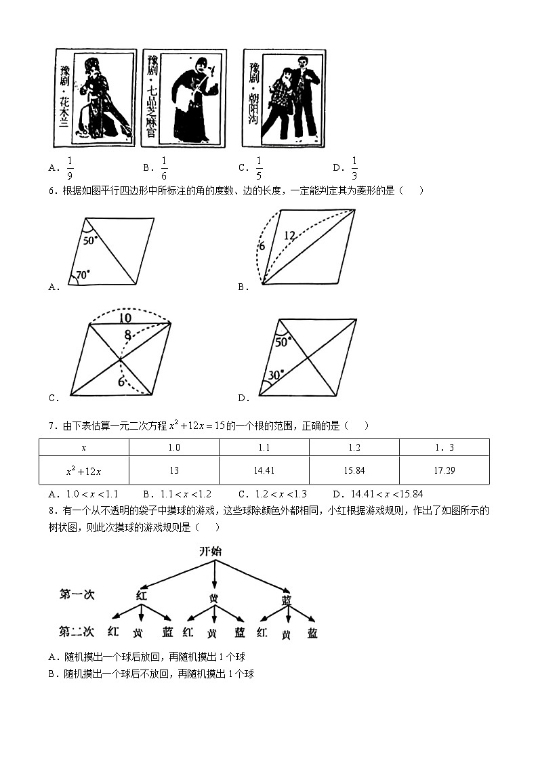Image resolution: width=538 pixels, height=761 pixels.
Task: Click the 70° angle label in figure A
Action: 83,275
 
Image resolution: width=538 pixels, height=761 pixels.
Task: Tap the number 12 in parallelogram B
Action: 289,236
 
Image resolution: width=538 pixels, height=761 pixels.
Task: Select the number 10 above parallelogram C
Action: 125,318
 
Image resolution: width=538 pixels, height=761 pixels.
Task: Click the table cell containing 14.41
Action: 264,470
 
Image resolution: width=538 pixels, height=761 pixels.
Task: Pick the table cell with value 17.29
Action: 444,470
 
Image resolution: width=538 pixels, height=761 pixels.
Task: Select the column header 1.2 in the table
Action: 354,447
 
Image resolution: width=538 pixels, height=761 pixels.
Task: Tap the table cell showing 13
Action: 173,470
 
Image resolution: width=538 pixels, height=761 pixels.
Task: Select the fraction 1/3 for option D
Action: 354,167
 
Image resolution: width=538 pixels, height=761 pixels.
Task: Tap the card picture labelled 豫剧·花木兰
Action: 94,98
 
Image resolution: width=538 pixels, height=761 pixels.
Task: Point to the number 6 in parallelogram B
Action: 261,246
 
